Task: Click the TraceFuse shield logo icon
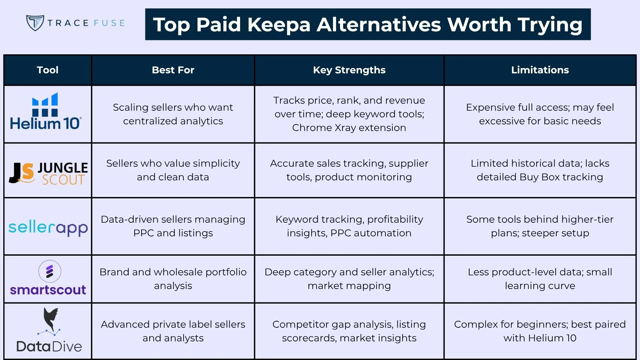click(35, 23)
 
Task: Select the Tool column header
click(48, 70)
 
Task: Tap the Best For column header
click(173, 70)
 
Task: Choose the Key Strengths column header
click(349, 70)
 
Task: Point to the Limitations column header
click(540, 70)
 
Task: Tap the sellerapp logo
click(48, 228)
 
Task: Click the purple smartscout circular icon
click(50, 271)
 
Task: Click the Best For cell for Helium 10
click(173, 114)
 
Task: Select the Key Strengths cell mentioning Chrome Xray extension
click(349, 114)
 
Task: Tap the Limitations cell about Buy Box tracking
click(540, 170)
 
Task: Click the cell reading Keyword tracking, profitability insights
click(349, 226)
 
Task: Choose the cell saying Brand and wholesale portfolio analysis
click(173, 279)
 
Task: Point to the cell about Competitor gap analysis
click(349, 331)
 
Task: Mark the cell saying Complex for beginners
click(540, 331)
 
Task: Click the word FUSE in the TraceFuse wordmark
click(109, 23)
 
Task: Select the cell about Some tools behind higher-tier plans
click(540, 226)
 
